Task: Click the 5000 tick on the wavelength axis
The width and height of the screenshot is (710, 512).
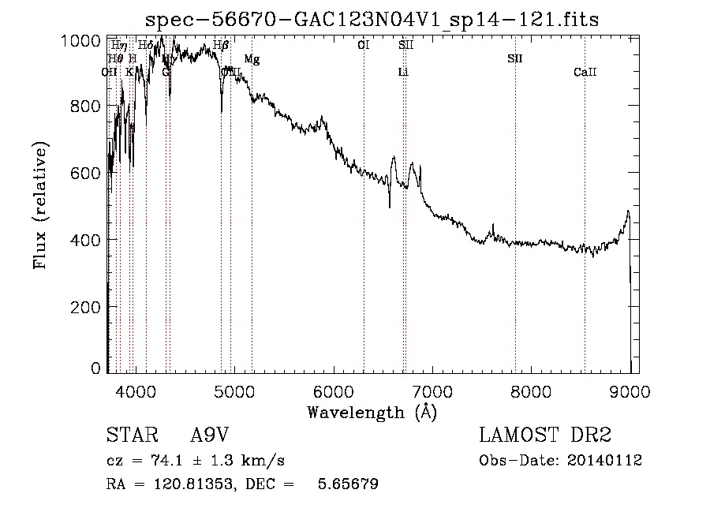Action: point(234,389)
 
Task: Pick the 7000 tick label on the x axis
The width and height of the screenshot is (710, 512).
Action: point(432,389)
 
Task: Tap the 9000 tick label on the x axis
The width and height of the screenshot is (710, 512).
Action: point(630,389)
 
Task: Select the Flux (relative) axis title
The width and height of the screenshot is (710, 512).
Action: point(41,205)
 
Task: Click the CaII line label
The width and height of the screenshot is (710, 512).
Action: point(585,73)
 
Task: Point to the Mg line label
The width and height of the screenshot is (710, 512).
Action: point(251,59)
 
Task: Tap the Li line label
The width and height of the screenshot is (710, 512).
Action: point(403,73)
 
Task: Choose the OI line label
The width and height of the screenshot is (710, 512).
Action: point(363,45)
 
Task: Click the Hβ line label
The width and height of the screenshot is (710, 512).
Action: point(221,45)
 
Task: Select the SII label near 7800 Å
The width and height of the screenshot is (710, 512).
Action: point(515,59)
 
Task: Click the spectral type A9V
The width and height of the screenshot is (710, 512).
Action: point(210,435)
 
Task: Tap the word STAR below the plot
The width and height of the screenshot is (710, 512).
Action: point(128,435)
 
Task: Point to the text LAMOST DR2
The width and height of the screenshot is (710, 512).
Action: point(545,435)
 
